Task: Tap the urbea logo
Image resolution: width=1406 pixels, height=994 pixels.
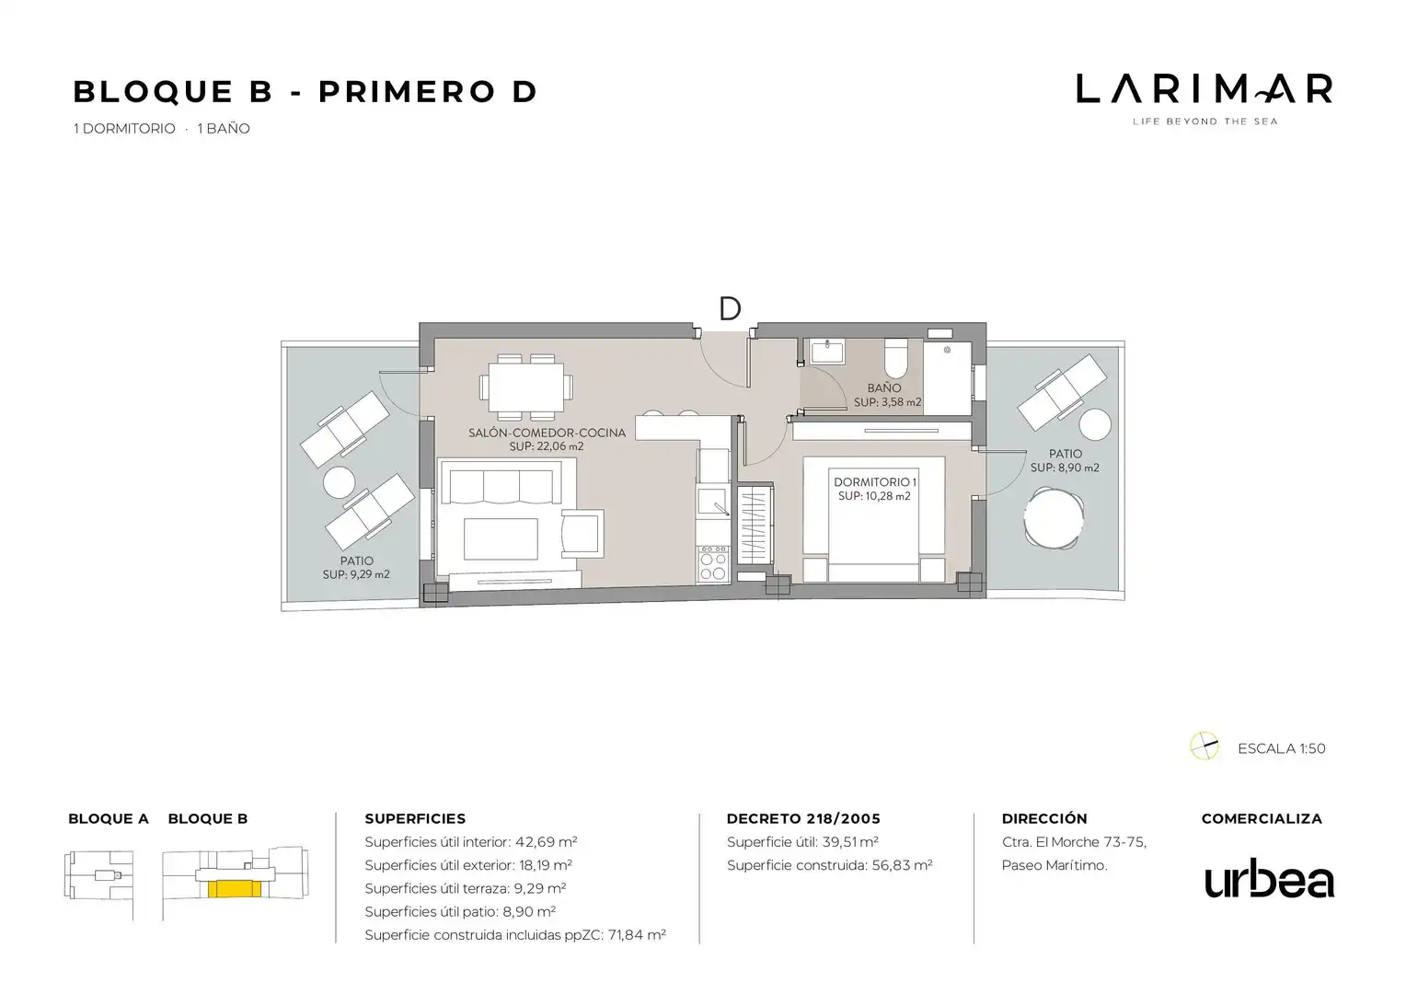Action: [x=1269, y=878]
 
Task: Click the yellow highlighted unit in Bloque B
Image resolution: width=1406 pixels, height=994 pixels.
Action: [x=234, y=888]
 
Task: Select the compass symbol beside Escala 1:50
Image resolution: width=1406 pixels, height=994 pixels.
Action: [x=1204, y=746]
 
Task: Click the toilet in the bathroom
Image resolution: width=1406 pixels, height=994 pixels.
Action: [x=895, y=358]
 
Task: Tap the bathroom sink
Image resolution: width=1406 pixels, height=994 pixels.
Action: [x=827, y=353]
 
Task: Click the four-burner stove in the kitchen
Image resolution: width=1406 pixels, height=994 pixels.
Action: [x=713, y=563]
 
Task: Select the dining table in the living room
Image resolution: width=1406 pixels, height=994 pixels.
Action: [x=526, y=387]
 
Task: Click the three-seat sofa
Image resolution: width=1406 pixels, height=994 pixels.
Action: [x=501, y=482]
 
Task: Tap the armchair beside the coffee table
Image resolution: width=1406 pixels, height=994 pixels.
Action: [x=582, y=533]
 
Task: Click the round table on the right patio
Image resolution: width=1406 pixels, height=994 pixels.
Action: [x=1054, y=519]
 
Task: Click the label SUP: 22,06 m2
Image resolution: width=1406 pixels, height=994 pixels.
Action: [x=546, y=446]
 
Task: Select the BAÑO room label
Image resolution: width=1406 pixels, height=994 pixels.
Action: [x=883, y=388]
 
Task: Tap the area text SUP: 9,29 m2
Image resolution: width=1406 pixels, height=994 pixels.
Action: [x=356, y=574]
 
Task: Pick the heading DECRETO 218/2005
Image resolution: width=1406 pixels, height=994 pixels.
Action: [x=803, y=819]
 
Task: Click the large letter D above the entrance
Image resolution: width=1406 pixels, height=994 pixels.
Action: [x=730, y=309]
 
